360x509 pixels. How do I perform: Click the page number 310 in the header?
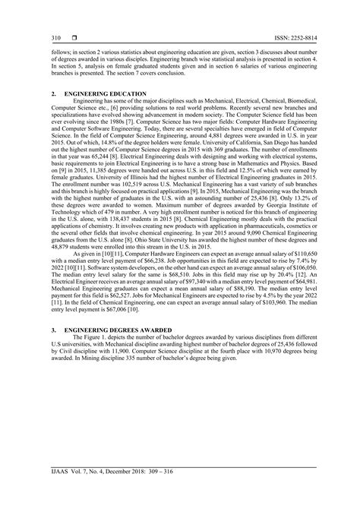tap(55, 37)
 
